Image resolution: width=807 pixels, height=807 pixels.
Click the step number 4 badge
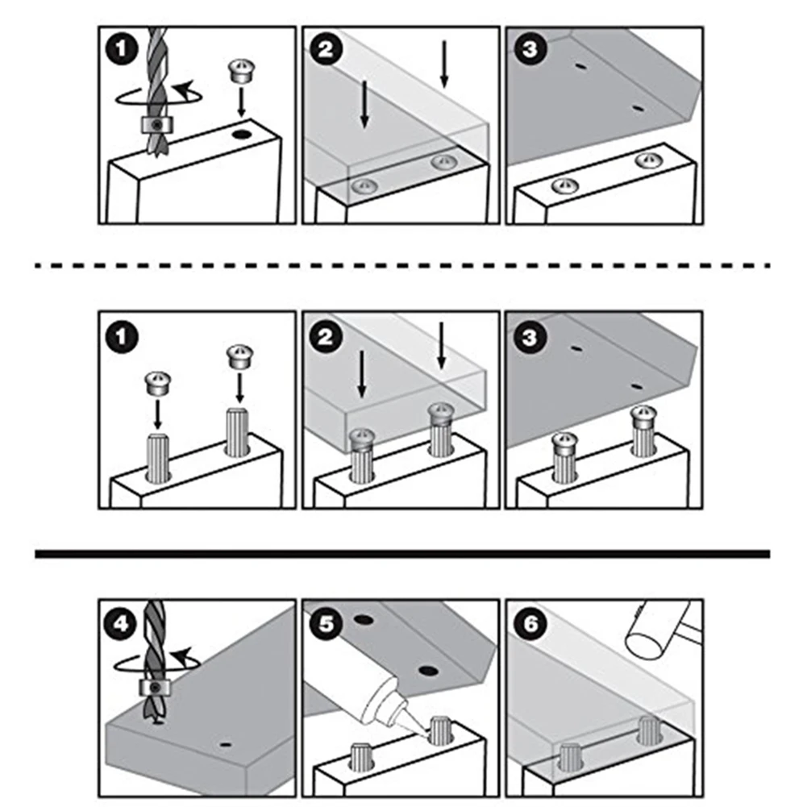click(120, 624)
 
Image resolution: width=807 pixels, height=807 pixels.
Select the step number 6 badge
click(530, 624)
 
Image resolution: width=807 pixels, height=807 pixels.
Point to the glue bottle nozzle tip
click(426, 734)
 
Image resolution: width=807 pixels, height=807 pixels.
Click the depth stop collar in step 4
click(155, 688)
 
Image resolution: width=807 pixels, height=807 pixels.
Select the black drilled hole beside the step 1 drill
click(241, 135)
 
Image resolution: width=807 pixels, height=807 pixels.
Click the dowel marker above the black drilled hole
click(239, 71)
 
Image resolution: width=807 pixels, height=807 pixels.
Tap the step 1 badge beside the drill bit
click(122, 49)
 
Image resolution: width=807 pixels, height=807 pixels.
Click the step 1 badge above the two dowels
click(122, 337)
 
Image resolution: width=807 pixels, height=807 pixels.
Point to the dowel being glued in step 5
click(440, 730)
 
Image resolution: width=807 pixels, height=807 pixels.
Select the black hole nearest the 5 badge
click(364, 620)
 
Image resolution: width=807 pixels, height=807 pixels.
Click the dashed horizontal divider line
click(402, 265)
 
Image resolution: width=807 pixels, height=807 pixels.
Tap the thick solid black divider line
click(402, 554)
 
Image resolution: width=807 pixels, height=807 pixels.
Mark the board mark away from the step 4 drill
click(225, 744)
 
